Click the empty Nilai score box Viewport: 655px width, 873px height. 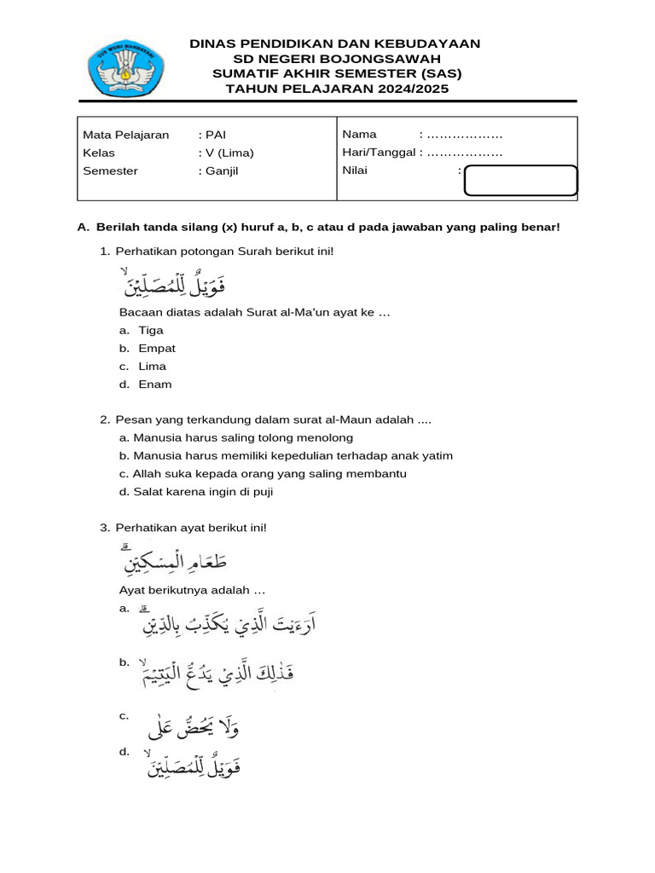(x=521, y=182)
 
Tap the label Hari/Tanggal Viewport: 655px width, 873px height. (x=380, y=153)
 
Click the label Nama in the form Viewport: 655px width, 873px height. (x=359, y=135)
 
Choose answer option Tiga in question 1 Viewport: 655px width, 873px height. (x=150, y=330)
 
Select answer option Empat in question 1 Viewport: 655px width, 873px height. (x=156, y=348)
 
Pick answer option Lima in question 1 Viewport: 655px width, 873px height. (x=152, y=366)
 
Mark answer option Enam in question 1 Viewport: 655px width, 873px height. (x=154, y=384)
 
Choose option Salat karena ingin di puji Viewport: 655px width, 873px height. (x=202, y=491)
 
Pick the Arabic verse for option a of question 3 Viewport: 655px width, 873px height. (x=231, y=627)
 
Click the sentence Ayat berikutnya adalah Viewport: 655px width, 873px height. (x=192, y=590)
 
